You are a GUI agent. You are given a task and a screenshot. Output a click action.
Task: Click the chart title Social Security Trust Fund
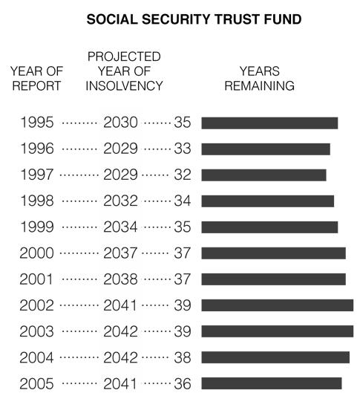click(194, 19)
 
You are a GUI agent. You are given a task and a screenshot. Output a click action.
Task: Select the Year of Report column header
click(36, 79)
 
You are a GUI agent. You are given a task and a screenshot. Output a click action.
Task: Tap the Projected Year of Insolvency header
click(124, 71)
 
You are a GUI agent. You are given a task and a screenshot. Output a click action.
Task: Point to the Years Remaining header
click(259, 79)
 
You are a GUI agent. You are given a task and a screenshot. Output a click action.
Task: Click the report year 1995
click(37, 123)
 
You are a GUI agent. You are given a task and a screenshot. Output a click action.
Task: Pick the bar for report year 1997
click(264, 175)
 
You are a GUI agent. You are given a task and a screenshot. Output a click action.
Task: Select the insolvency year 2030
click(120, 123)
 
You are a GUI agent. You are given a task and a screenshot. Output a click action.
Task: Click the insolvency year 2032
click(120, 201)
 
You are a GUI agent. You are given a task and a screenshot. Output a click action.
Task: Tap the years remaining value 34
click(183, 201)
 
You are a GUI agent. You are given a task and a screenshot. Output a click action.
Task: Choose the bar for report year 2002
click(278, 305)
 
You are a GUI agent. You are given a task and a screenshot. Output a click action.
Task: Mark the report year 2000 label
click(36, 253)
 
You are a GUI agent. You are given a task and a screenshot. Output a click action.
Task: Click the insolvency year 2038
click(120, 279)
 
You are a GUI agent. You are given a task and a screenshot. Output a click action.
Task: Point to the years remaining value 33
click(183, 149)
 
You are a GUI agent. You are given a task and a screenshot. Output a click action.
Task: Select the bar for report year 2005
click(272, 383)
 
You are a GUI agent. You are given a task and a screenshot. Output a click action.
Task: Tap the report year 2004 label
click(36, 357)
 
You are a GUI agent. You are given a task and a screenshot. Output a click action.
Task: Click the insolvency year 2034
click(120, 227)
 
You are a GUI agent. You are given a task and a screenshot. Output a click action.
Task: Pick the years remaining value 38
click(183, 357)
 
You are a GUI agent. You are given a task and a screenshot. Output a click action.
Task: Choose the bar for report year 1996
click(266, 149)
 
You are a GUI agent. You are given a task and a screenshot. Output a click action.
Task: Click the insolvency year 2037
click(120, 253)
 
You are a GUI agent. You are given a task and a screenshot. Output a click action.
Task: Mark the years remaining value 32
click(183, 175)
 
